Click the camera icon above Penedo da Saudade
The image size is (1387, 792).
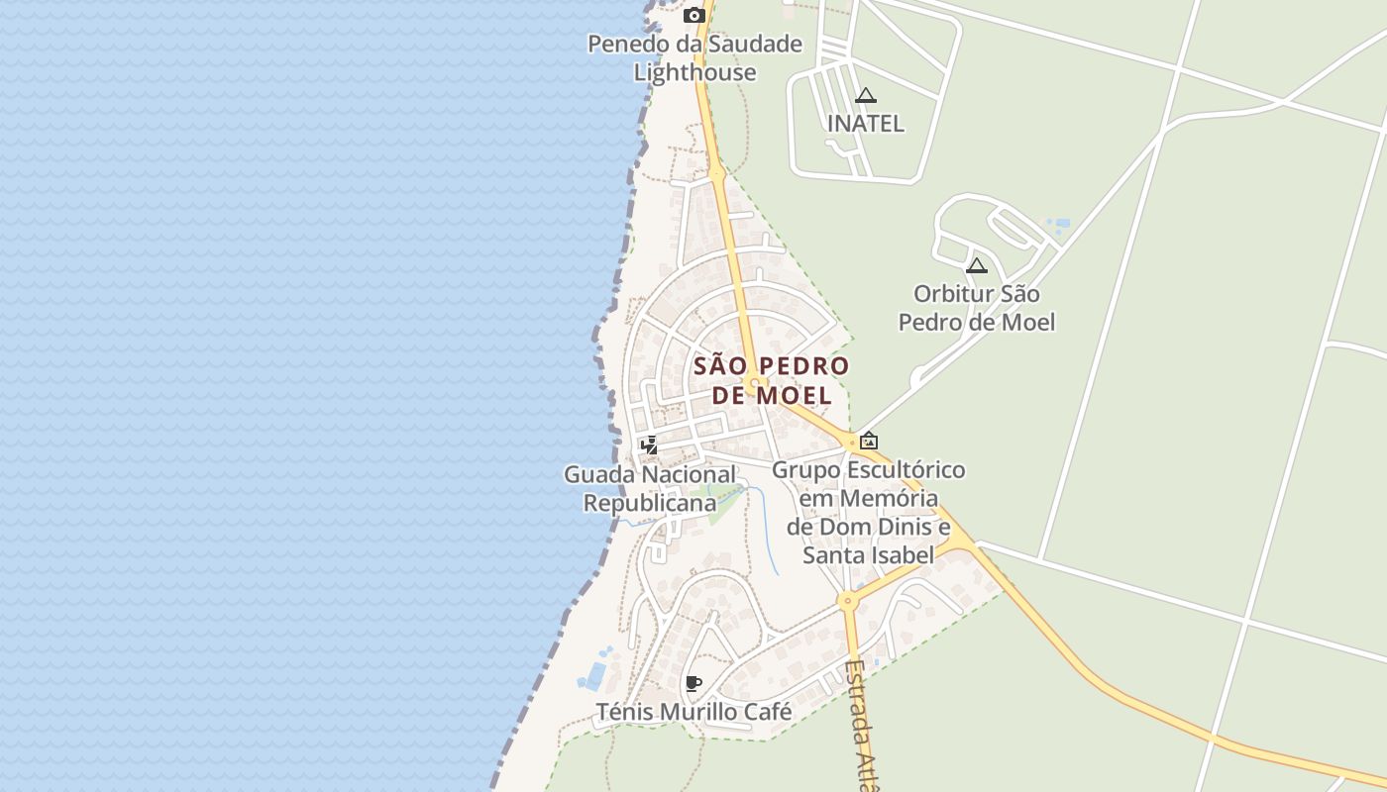pos(694,15)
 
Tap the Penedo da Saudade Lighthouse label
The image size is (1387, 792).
pos(694,57)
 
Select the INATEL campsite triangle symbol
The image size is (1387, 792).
pos(866,96)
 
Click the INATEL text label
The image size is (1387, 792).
pos(866,124)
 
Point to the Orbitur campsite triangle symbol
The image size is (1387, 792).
pos(977,265)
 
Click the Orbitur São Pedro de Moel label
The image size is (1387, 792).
pos(976,308)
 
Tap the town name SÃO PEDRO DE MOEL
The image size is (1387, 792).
pos(772,380)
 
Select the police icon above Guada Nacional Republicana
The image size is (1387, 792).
pos(649,445)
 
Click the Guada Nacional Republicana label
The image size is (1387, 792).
pos(650,489)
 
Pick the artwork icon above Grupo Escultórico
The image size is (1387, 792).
pos(869,441)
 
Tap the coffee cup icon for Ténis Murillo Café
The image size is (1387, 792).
pos(693,683)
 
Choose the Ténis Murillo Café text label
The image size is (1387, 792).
pos(693,712)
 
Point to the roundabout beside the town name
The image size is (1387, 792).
pos(756,382)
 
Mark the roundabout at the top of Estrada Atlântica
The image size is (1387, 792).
pos(846,600)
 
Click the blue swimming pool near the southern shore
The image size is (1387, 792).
pos(595,676)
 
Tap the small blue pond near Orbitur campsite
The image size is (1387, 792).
pos(1058,225)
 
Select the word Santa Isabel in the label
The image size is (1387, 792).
pos(868,555)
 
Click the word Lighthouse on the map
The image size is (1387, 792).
pos(694,72)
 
